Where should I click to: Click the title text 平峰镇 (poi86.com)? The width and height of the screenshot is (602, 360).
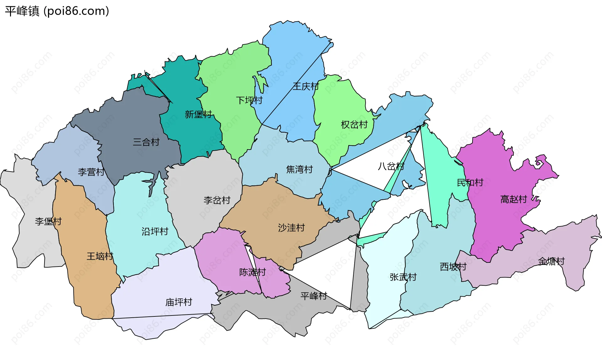(57, 11)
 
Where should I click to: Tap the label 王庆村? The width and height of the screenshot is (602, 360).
(306, 86)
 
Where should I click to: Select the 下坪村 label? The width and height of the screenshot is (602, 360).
(249, 100)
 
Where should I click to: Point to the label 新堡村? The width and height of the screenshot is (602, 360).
(198, 114)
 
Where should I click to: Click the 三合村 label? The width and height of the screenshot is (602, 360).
(146, 142)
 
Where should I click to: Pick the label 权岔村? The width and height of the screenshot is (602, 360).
(354, 125)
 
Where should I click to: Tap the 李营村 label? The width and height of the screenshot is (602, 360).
(91, 172)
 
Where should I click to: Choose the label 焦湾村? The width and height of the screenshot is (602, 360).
(299, 169)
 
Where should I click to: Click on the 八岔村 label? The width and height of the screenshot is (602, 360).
(391, 166)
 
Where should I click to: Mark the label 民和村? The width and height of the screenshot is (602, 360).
(470, 183)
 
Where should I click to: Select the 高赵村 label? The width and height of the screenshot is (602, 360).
(514, 199)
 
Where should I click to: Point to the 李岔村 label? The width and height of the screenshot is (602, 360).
(217, 200)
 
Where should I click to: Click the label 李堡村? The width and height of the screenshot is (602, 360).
(48, 221)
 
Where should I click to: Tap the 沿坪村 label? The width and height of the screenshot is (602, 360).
(155, 231)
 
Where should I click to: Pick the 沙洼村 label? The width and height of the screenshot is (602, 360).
(291, 228)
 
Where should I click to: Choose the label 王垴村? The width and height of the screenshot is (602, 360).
(100, 256)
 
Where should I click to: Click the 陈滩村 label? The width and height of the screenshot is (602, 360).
(252, 272)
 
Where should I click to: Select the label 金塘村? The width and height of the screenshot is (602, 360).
(551, 261)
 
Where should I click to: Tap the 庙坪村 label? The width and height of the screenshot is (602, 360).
(179, 302)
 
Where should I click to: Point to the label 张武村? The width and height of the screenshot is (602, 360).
(403, 277)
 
